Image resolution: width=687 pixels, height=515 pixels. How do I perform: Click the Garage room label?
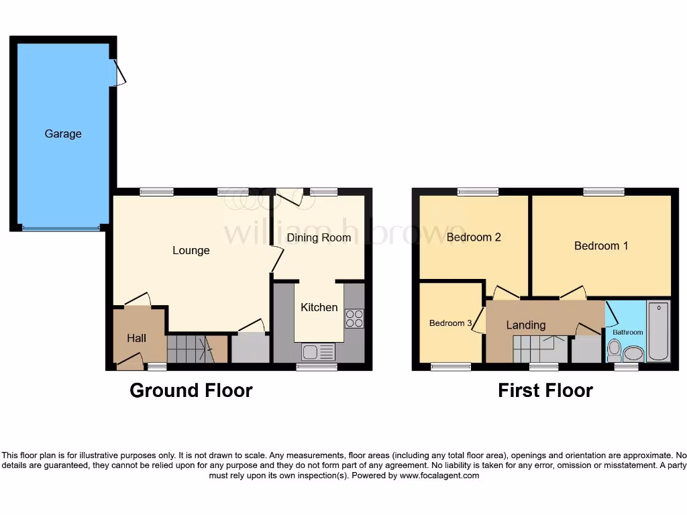[x=63, y=133]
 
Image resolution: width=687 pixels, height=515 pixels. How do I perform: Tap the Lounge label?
[x=191, y=250]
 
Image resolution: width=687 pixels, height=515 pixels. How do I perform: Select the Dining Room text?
[x=319, y=237]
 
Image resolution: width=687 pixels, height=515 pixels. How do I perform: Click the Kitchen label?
[x=319, y=307]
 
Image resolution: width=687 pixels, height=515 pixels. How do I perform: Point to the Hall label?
[x=137, y=338]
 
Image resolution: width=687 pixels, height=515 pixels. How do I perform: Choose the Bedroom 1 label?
[x=601, y=245]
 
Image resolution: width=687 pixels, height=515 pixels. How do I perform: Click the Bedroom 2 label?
[x=474, y=237]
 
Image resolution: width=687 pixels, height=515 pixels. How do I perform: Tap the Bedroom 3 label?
[x=450, y=323]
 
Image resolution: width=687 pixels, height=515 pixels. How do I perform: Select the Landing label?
[x=525, y=325]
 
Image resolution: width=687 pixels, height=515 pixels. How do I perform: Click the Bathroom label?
[x=627, y=332]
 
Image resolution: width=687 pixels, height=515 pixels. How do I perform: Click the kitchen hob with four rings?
[x=354, y=318]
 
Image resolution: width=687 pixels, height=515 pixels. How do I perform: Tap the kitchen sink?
[x=318, y=351]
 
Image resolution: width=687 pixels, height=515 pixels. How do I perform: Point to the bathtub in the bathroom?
[x=658, y=331]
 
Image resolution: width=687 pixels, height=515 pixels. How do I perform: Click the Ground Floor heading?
[x=191, y=390]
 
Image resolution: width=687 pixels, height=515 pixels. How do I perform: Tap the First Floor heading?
[x=545, y=390]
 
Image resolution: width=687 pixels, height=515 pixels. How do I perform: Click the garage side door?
[x=119, y=73]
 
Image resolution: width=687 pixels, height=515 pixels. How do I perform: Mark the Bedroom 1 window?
[x=604, y=192]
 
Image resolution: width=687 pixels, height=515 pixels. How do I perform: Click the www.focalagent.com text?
[x=439, y=475]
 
